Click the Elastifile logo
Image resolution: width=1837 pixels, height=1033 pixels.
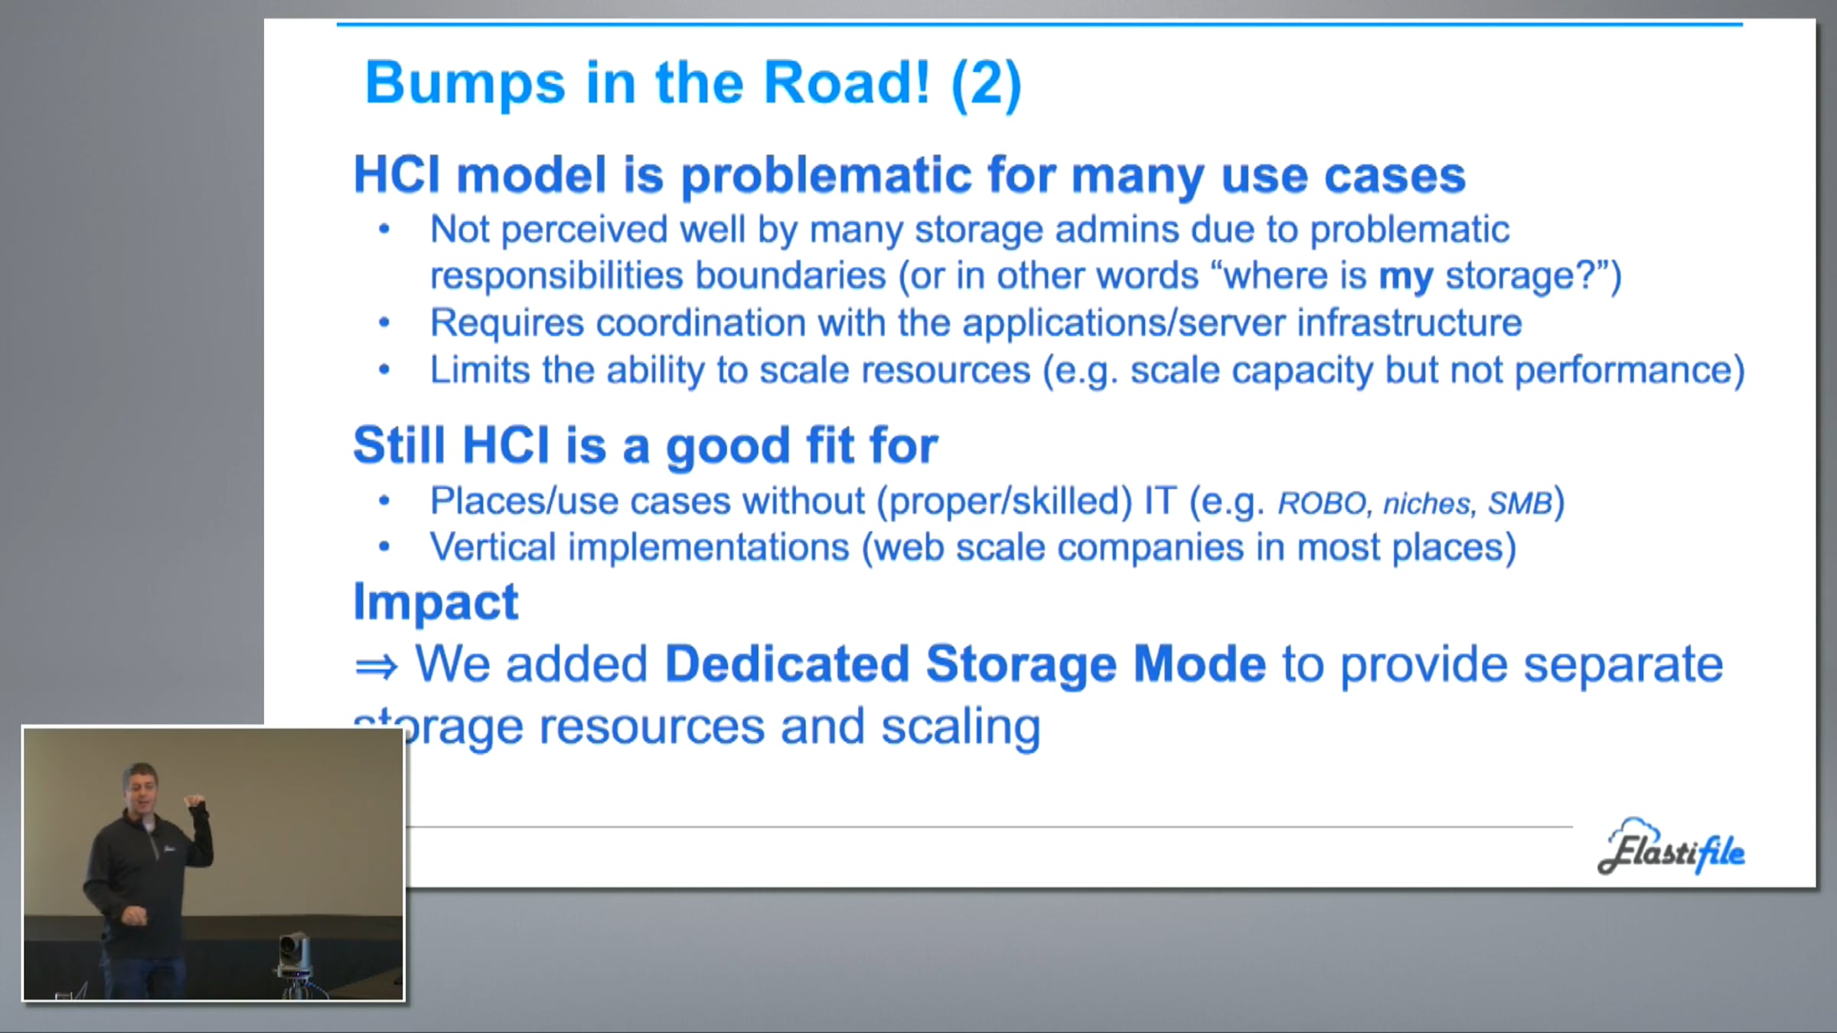click(x=1672, y=847)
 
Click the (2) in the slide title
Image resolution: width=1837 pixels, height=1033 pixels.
click(x=986, y=83)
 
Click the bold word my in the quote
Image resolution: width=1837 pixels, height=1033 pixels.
click(x=1405, y=277)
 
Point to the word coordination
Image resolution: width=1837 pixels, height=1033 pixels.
click(x=700, y=323)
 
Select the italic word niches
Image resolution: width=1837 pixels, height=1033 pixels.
click(x=1427, y=503)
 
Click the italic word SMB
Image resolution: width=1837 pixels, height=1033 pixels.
click(x=1520, y=503)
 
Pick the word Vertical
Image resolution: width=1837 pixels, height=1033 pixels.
click(x=493, y=547)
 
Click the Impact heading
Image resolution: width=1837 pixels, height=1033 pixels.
click(x=436, y=603)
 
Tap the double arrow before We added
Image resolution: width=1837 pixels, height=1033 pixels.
click(x=377, y=667)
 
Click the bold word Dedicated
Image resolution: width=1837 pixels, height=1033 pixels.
click(x=787, y=663)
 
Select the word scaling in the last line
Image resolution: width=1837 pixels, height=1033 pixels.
click(x=961, y=728)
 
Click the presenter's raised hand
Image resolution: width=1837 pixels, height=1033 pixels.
click(x=196, y=803)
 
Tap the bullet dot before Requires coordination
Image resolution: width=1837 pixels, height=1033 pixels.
click(x=384, y=323)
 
